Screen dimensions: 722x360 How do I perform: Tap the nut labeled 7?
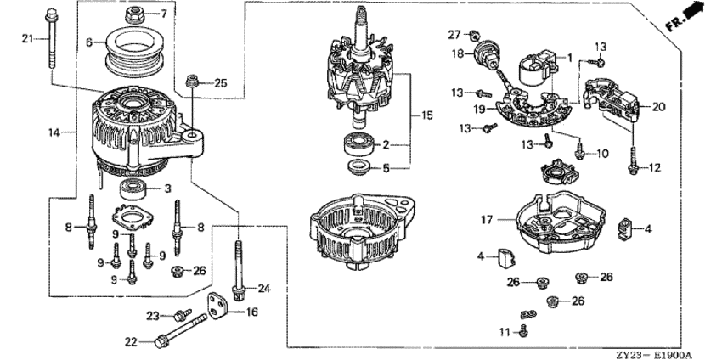(x=135, y=15)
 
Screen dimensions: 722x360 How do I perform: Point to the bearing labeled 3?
(x=133, y=188)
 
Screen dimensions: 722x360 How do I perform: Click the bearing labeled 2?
(x=358, y=146)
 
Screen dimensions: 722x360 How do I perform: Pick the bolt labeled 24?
(x=239, y=270)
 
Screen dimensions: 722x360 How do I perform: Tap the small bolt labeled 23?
(x=183, y=314)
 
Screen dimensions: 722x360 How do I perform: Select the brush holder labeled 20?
(x=611, y=100)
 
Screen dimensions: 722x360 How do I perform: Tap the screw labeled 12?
(x=633, y=160)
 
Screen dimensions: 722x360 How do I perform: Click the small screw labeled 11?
(x=523, y=329)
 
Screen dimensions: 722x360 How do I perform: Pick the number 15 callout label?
(x=427, y=115)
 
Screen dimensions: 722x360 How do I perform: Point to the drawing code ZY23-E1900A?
(x=654, y=355)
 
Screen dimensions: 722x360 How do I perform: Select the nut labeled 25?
(x=193, y=83)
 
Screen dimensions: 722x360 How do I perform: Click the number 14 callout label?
(x=54, y=133)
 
